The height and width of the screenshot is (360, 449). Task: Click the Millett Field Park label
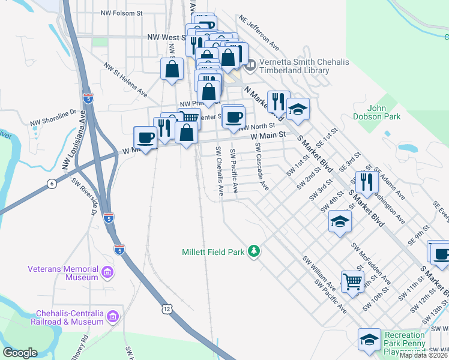click(213, 252)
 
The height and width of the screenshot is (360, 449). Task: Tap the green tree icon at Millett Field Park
click(254, 251)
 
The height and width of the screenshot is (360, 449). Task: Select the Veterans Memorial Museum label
click(63, 273)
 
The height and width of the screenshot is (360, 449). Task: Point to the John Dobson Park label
click(384, 113)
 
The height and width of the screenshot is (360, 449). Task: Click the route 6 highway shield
click(53, 184)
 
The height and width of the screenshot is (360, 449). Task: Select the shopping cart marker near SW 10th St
click(352, 281)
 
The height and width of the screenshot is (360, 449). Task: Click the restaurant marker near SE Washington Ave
click(367, 181)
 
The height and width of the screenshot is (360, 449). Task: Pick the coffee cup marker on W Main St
click(145, 137)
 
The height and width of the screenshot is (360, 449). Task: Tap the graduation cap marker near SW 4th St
click(340, 222)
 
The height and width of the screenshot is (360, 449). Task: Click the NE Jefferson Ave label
click(259, 32)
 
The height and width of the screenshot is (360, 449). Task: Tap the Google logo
click(20, 353)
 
